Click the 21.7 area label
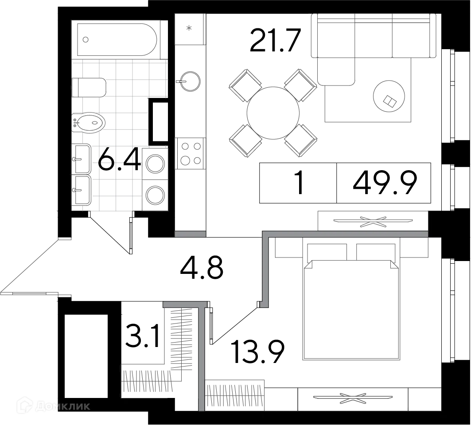click(x=275, y=40)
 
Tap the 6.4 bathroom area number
click(x=120, y=159)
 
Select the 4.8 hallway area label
click(x=202, y=267)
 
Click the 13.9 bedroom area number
click(x=258, y=352)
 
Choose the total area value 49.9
click(x=385, y=183)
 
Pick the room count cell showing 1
click(x=300, y=183)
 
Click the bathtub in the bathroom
click(x=117, y=39)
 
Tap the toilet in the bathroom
click(x=89, y=87)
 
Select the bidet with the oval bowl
click(x=88, y=123)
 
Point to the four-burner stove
click(x=191, y=153)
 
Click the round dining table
click(x=273, y=113)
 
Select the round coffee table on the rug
click(x=389, y=96)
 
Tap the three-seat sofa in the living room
click(x=374, y=36)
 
